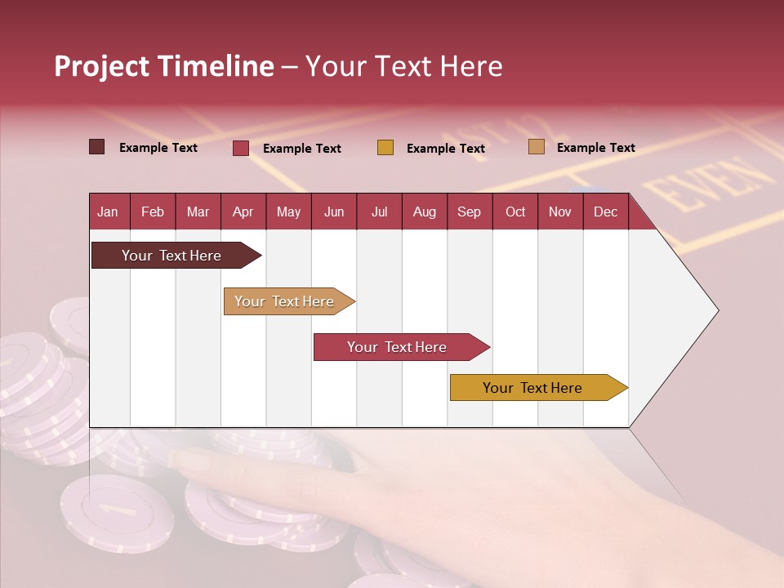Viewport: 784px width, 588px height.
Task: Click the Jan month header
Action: coord(108,212)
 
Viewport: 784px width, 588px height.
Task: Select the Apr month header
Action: coord(243,212)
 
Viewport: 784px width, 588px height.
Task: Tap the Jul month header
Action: coord(379,212)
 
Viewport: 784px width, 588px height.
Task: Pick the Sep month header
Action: coord(469,212)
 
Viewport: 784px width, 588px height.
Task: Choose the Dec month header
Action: coord(605,212)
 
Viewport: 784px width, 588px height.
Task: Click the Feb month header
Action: coord(153,212)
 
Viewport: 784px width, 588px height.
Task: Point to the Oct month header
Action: coord(515,212)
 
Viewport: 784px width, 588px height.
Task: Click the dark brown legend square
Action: coord(96,147)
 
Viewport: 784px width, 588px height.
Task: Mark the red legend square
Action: coord(241,148)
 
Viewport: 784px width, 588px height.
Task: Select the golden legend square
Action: coord(385,148)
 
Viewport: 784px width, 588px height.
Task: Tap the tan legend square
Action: coord(537,147)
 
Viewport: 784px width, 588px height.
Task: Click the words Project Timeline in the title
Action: coord(164,66)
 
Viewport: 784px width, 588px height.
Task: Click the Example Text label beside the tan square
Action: coord(595,148)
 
